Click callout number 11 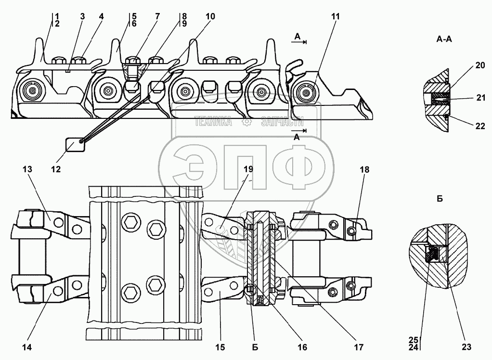[335, 16]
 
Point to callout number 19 [248, 169]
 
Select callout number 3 [82, 16]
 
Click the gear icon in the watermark [246, 122]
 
